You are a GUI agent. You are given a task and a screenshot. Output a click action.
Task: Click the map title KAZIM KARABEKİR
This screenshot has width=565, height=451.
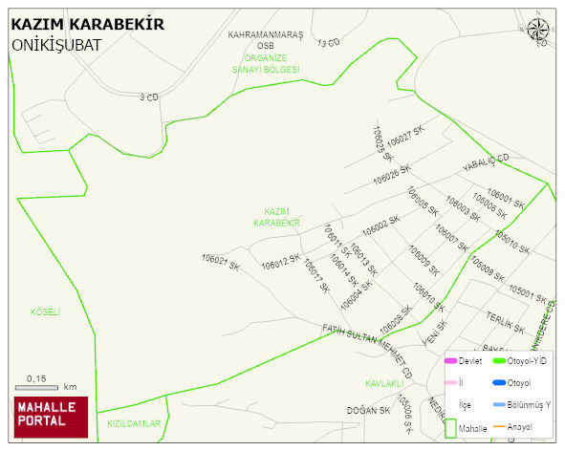click(87, 24)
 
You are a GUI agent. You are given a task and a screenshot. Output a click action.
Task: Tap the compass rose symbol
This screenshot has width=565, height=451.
click(538, 32)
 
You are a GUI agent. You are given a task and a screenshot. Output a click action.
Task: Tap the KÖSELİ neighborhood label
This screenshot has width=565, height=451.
click(45, 311)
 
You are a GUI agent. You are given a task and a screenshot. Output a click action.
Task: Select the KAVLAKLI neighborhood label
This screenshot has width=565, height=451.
click(386, 383)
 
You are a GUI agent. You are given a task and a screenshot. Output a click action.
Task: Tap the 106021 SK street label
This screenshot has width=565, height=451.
click(220, 261)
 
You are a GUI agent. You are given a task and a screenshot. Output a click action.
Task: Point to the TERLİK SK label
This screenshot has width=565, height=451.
click(506, 321)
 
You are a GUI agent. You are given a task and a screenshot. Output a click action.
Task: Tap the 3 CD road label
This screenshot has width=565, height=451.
click(148, 97)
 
